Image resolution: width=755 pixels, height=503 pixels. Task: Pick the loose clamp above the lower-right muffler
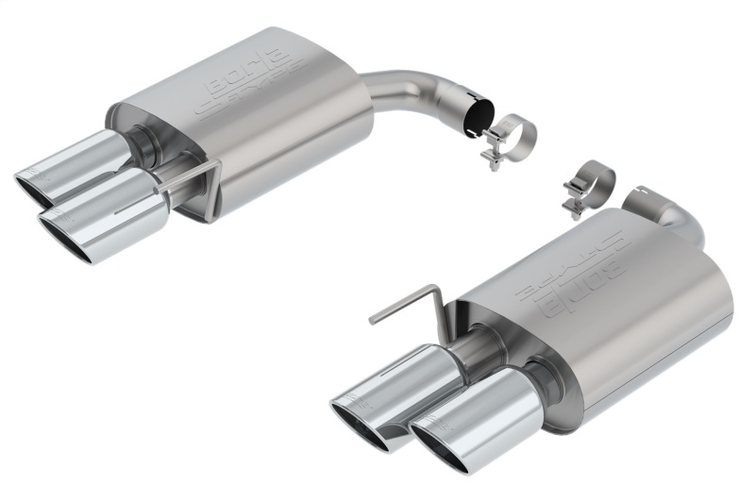tap(587, 186)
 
